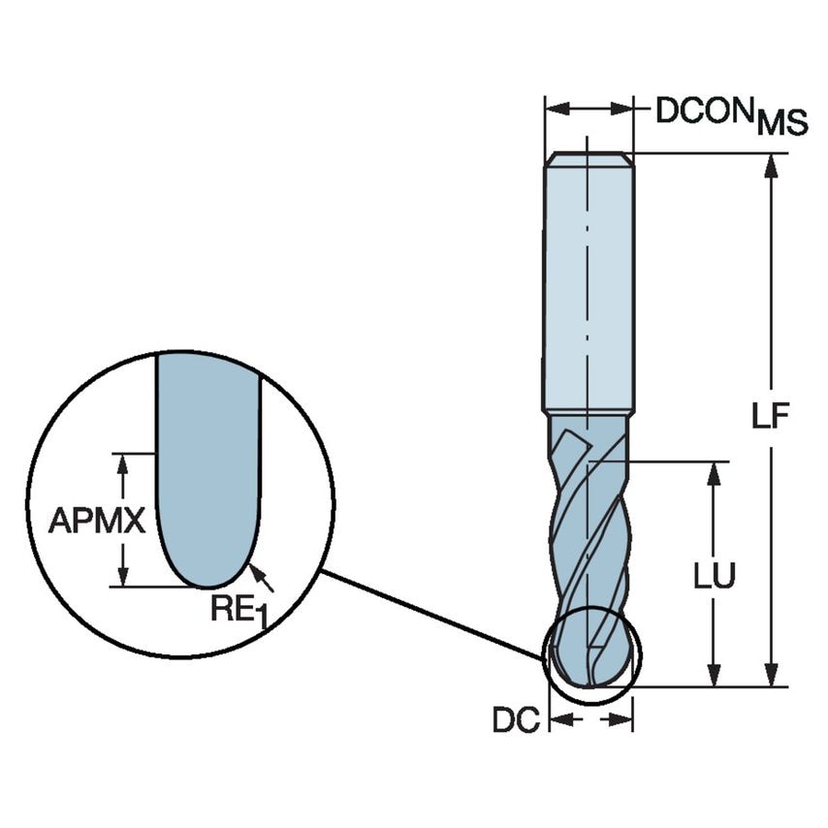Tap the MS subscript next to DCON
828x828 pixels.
click(781, 123)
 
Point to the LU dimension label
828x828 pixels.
click(715, 575)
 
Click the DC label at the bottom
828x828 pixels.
click(516, 720)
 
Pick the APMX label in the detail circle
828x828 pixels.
click(97, 522)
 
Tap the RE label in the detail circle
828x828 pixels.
click(233, 609)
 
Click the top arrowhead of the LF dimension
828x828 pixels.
click(772, 167)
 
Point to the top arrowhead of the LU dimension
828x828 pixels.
click(715, 474)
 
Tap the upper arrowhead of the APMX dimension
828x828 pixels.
click(123, 464)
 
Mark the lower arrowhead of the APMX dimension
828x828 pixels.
click(123, 574)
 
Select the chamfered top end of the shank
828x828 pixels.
click(589, 158)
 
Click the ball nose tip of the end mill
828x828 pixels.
click(589, 679)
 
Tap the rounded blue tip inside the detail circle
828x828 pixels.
click(207, 562)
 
